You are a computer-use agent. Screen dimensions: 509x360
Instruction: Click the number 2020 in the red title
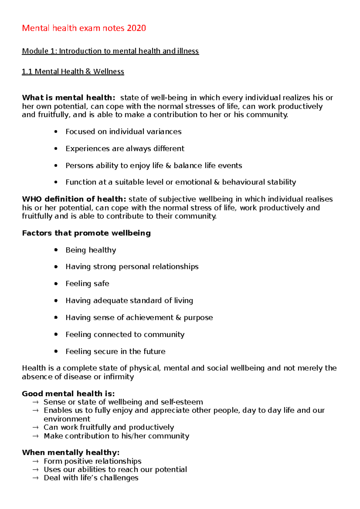point(136,28)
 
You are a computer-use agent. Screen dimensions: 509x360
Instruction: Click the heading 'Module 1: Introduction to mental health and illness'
point(110,51)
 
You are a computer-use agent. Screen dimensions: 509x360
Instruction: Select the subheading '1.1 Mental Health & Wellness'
point(73,72)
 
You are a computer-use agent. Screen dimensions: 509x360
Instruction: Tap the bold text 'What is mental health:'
point(68,98)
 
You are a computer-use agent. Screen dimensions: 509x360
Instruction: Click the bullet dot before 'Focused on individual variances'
point(56,132)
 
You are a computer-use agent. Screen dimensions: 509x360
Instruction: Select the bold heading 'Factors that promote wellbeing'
point(86,233)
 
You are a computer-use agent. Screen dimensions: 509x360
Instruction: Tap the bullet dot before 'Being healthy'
point(56,250)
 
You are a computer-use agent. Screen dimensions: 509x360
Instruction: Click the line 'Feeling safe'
point(87,284)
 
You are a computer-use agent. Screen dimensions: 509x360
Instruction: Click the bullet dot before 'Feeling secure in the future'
point(56,351)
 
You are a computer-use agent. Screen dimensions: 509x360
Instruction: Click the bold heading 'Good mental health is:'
point(68,394)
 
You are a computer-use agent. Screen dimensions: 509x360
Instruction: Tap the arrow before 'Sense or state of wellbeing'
point(35,402)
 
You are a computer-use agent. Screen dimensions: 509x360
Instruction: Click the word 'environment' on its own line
point(67,419)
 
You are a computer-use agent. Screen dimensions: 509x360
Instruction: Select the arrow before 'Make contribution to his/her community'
point(35,436)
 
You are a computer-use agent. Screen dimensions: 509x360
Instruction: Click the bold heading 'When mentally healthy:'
point(71,453)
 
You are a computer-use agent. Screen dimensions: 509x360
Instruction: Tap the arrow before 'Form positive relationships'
point(35,461)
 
